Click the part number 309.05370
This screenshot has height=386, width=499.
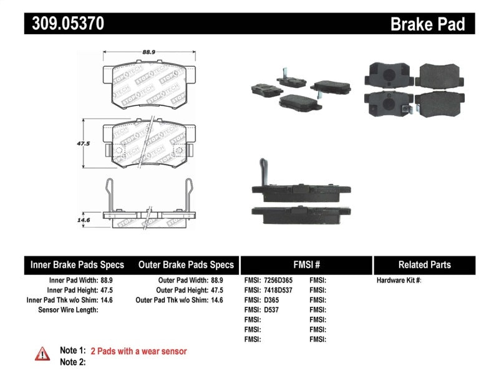pyautogui.click(x=64, y=24)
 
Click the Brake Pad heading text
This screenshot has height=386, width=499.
pyautogui.click(x=427, y=24)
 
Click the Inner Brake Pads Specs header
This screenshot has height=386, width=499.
pyautogui.click(x=77, y=265)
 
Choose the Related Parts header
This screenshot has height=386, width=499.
pyautogui.click(x=425, y=265)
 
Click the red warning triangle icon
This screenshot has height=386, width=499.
pyautogui.click(x=42, y=354)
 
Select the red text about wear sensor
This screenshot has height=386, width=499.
pyautogui.click(x=138, y=351)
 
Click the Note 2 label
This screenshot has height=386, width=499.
pyautogui.click(x=72, y=362)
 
